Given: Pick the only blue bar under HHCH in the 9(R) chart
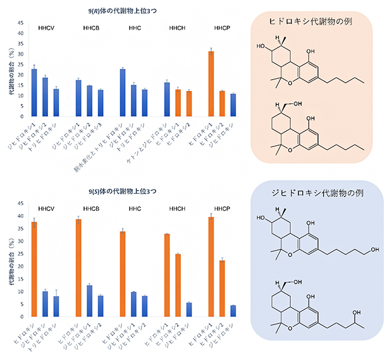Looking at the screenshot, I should pyautogui.click(x=167, y=99).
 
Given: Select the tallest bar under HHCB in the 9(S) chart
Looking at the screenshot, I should pyautogui.click(x=78, y=268).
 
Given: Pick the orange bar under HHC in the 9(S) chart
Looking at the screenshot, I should pyautogui.click(x=123, y=274).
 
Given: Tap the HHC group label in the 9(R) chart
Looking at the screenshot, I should pyautogui.click(x=135, y=28).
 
